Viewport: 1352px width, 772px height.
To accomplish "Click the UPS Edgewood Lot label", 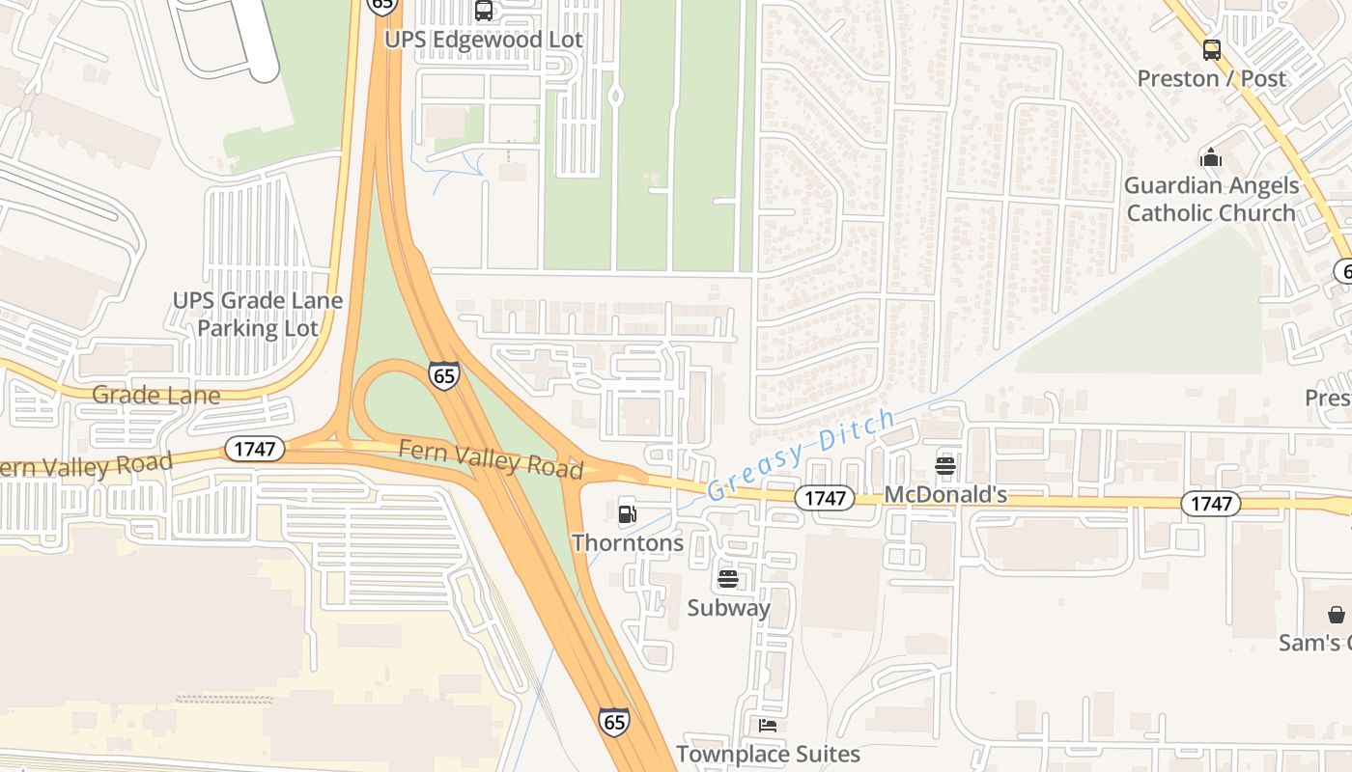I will coord(484,40).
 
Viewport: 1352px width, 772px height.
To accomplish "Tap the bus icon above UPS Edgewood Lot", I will coord(484,11).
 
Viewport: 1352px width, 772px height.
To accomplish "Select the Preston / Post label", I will coord(1211,78).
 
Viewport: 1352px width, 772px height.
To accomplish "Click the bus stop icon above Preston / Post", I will coord(1211,50).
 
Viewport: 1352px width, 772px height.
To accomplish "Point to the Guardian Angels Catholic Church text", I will coord(1211,199).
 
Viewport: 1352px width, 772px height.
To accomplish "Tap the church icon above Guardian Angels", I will coord(1211,157).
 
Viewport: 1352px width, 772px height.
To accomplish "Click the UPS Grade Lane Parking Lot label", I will coord(258,314).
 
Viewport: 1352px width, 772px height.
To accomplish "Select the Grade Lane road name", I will coord(155,395).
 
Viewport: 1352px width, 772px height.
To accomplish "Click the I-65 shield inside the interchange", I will coord(444,375).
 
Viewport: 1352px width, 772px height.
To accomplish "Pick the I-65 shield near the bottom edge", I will coord(613,721).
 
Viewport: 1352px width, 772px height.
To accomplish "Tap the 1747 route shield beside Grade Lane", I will coord(255,449).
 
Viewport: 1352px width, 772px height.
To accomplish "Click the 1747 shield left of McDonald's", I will coord(826,498).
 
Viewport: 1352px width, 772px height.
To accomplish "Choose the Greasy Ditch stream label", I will coord(801,454).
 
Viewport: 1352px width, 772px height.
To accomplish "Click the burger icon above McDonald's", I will coord(945,467).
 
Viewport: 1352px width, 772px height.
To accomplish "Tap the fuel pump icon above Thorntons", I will coord(628,514).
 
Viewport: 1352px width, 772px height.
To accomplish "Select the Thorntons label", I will coord(628,542).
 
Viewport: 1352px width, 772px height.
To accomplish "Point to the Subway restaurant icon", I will coord(728,580).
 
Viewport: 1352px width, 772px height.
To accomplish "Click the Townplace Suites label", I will coord(768,754).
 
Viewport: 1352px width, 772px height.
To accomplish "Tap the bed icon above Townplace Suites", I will coord(768,726).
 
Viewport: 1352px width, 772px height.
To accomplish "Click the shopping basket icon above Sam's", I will coord(1337,615).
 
